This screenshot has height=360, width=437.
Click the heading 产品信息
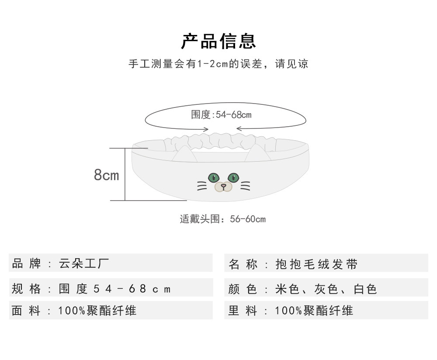[218, 41]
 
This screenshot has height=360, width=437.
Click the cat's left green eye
[213, 177]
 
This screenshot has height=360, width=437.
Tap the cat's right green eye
[233, 177]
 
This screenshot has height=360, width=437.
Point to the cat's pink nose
[223, 186]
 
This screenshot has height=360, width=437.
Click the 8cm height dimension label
[106, 175]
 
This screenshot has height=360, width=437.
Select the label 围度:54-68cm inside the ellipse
[221, 115]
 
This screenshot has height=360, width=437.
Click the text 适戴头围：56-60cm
[222, 219]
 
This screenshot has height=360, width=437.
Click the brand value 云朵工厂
[84, 263]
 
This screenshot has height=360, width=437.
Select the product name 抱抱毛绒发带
[317, 264]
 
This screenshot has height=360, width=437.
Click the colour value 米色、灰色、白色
[326, 289]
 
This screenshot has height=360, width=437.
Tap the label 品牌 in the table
[26, 263]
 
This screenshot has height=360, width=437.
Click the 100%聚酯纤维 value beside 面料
[97, 311]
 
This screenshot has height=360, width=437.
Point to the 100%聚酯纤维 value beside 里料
[314, 311]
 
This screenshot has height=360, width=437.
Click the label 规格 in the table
[26, 289]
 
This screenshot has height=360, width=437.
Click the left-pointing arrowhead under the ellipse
[238, 128]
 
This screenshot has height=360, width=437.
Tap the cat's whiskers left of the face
[201, 186]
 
